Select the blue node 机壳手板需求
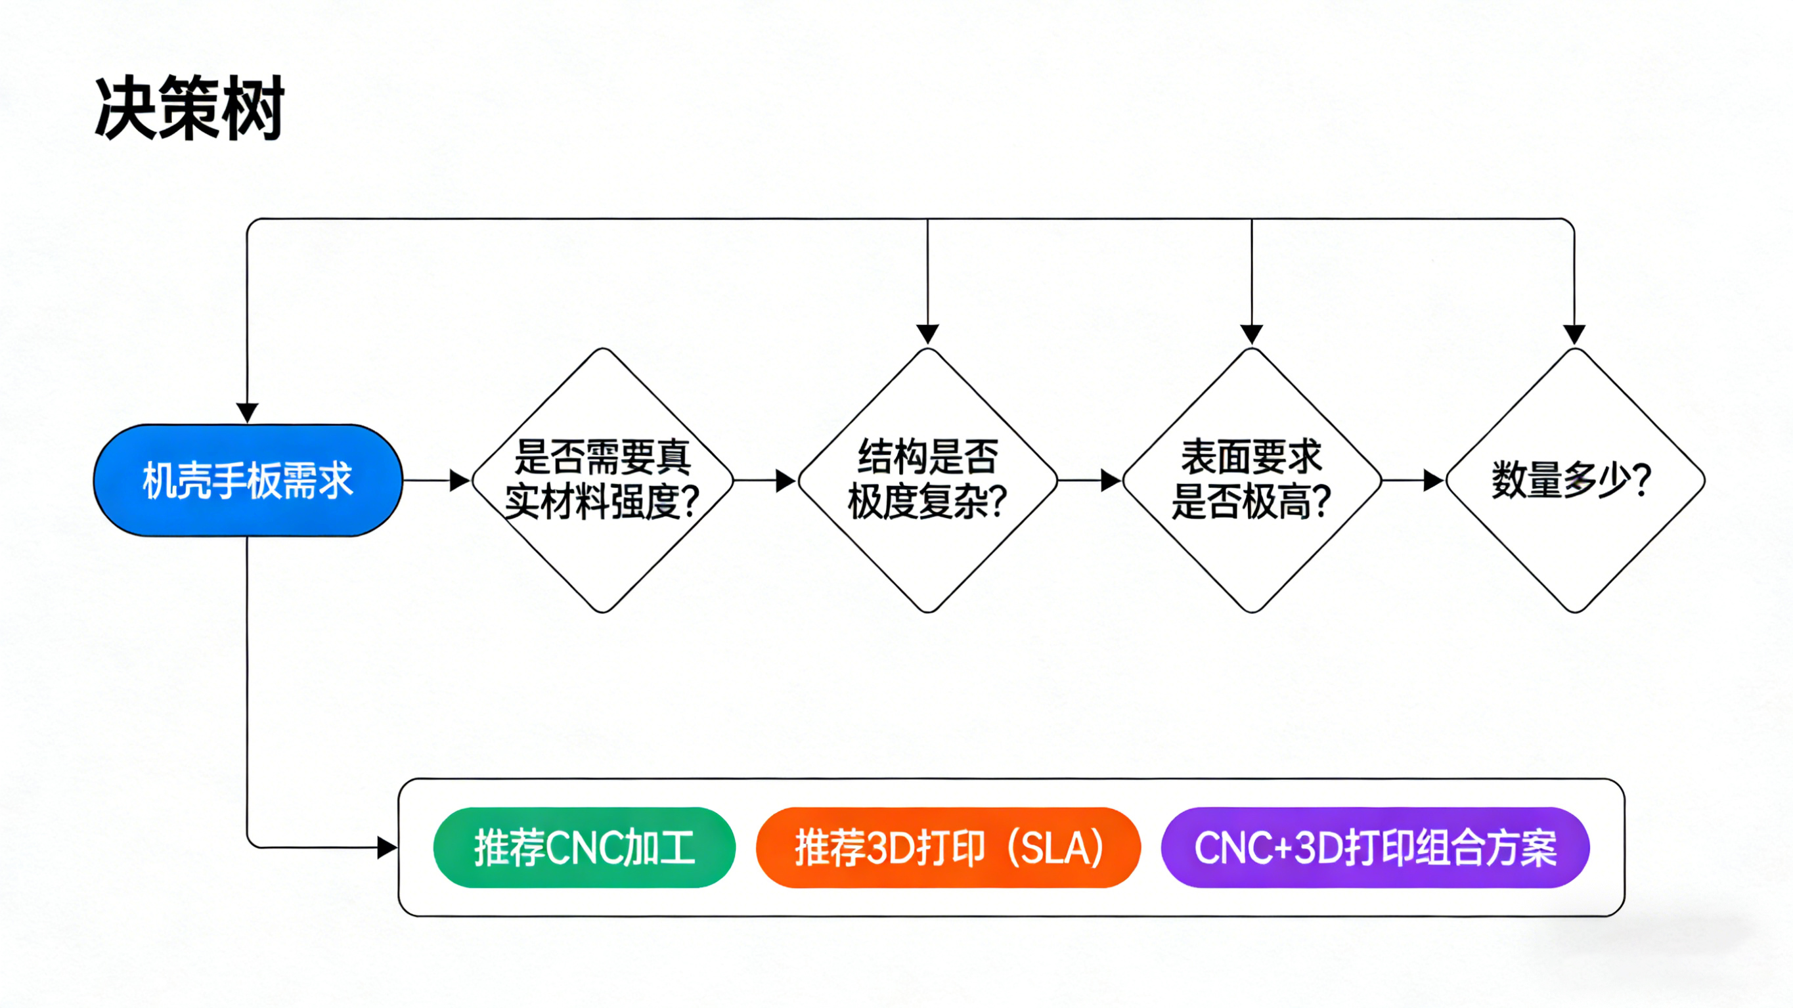pyautogui.click(x=248, y=480)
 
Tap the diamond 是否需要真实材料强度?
pyautogui.click(x=603, y=480)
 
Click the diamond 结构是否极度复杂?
pyautogui.click(x=927, y=480)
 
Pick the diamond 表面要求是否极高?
pyautogui.click(x=1251, y=480)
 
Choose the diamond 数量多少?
pyautogui.click(x=1574, y=480)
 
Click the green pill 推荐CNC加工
pyautogui.click(x=584, y=847)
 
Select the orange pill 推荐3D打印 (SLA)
pyautogui.click(x=948, y=847)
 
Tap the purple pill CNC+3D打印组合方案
pyautogui.click(x=1375, y=847)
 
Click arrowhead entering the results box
pyautogui.click(x=387, y=847)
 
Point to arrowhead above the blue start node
pyautogui.click(x=247, y=412)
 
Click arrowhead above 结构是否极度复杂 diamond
pyautogui.click(x=927, y=334)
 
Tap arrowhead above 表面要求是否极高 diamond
pyautogui.click(x=1251, y=334)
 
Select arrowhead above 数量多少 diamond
pyautogui.click(x=1574, y=334)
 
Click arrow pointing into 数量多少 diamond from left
pyautogui.click(x=1413, y=480)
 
